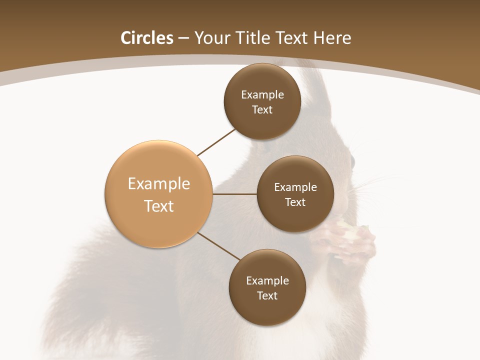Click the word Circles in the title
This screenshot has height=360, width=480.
point(147,38)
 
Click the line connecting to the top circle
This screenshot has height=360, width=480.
point(216,142)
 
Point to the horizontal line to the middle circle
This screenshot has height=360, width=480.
point(235,194)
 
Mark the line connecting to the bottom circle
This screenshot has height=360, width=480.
point(219,246)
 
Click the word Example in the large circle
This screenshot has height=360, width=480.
point(159,183)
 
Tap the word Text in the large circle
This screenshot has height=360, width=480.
point(159,206)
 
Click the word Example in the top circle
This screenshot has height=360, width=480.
point(262,94)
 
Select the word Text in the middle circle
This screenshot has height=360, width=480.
point(295,202)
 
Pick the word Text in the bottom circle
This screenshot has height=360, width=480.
point(267,295)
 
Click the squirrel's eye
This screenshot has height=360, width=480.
point(352,162)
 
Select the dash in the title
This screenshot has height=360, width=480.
point(183,38)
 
